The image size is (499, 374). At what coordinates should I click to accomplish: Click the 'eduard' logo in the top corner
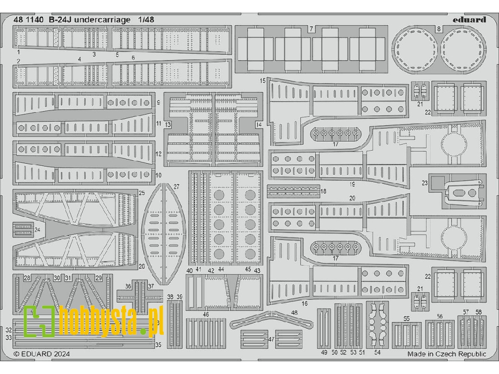470,20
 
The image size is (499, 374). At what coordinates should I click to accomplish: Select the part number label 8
439,29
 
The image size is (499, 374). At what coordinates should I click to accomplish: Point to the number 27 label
176,187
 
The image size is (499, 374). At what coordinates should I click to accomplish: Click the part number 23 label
425,183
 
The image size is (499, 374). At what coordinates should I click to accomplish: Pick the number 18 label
323,191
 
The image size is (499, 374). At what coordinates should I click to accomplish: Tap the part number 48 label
294,312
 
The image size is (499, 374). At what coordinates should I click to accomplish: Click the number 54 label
377,352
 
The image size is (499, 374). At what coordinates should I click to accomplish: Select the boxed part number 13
168,124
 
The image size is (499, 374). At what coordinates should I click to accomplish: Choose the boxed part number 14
259,124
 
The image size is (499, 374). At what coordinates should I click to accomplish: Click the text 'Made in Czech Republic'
447,354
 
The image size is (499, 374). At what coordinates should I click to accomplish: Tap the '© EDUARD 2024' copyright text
42,354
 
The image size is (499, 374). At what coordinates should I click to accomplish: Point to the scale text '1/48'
146,20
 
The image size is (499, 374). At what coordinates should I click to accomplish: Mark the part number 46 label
206,315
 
